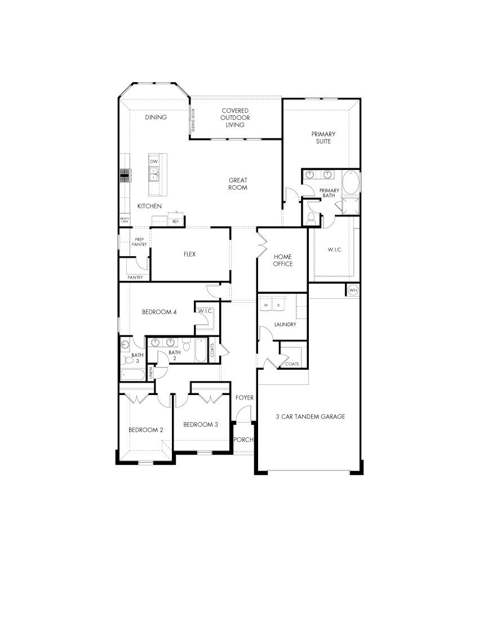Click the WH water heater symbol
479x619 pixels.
click(353, 290)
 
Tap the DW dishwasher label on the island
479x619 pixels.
click(154, 162)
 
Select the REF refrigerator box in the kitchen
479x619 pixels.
click(175, 221)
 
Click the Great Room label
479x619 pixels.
click(238, 184)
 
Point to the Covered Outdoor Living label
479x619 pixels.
click(235, 118)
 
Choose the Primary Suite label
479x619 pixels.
click(323, 138)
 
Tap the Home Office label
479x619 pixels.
click(283, 260)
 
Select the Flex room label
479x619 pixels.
click(189, 254)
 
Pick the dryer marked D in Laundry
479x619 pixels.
click(278, 305)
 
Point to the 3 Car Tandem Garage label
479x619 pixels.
click(311, 417)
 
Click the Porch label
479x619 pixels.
click(244, 440)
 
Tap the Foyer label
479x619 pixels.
click(245, 398)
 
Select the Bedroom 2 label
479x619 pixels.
click(145, 430)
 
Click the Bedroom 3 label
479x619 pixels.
click(201, 424)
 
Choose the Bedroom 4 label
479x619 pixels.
click(160, 312)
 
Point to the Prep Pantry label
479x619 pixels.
click(139, 242)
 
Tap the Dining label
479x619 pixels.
click(156, 118)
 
